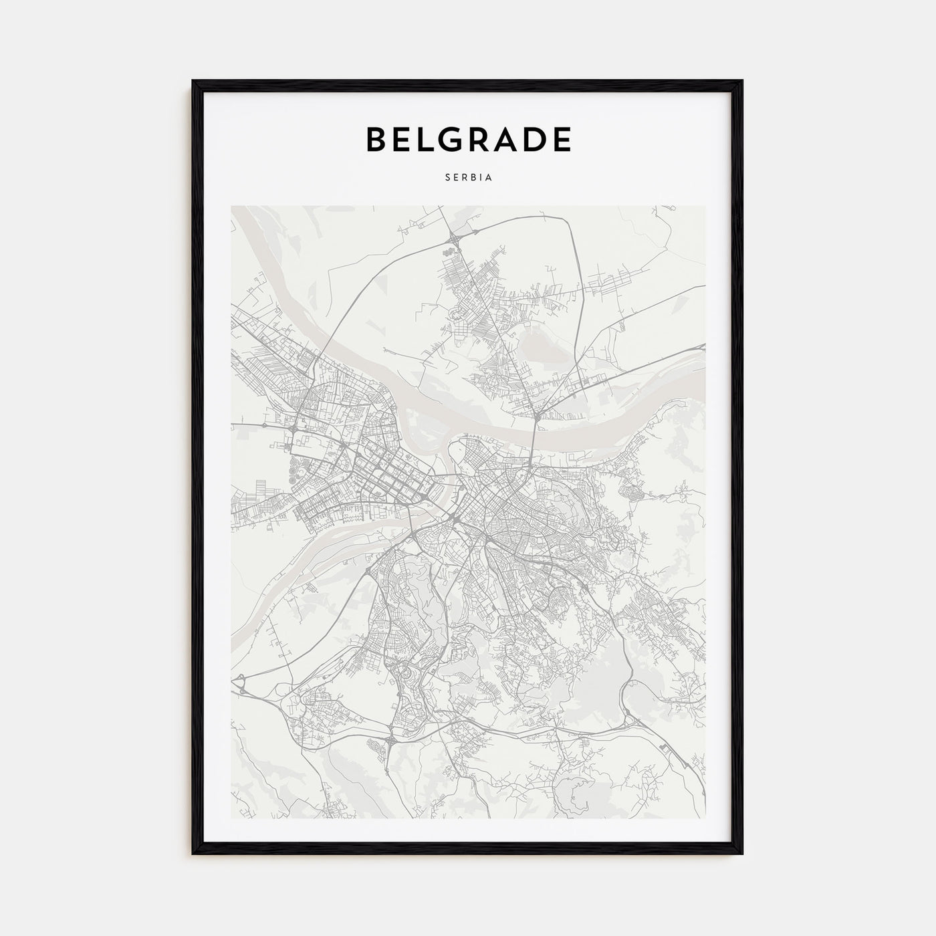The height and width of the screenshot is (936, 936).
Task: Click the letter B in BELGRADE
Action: point(376,139)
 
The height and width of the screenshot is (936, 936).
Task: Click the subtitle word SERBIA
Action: point(468,179)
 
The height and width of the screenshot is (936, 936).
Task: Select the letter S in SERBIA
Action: point(446,179)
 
